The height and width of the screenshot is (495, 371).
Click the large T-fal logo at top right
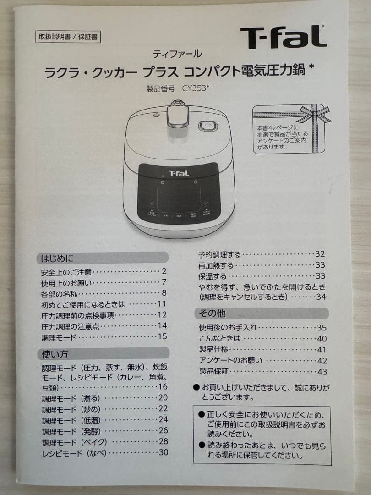click(x=283, y=37)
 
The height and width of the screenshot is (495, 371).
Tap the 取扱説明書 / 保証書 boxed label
click(x=67, y=37)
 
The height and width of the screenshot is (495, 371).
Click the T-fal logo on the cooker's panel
click(x=179, y=173)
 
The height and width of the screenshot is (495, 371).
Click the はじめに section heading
click(x=57, y=258)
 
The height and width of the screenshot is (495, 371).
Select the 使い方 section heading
click(x=55, y=354)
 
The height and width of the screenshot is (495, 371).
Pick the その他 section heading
click(x=212, y=313)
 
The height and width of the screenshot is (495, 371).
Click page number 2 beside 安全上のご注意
click(x=164, y=271)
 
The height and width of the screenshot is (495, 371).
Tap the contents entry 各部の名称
click(x=59, y=293)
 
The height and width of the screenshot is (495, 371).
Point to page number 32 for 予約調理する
click(x=320, y=254)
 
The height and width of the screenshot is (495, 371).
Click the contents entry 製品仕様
click(x=213, y=350)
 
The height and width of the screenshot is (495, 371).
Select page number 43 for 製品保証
click(x=322, y=372)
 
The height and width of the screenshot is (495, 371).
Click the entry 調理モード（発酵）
click(x=71, y=431)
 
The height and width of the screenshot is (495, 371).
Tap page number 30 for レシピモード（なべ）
click(x=163, y=452)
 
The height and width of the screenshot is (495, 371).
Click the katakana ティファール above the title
click(x=177, y=54)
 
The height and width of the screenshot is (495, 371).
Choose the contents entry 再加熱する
click(x=216, y=265)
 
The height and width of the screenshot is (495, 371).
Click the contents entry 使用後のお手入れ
click(x=228, y=328)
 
